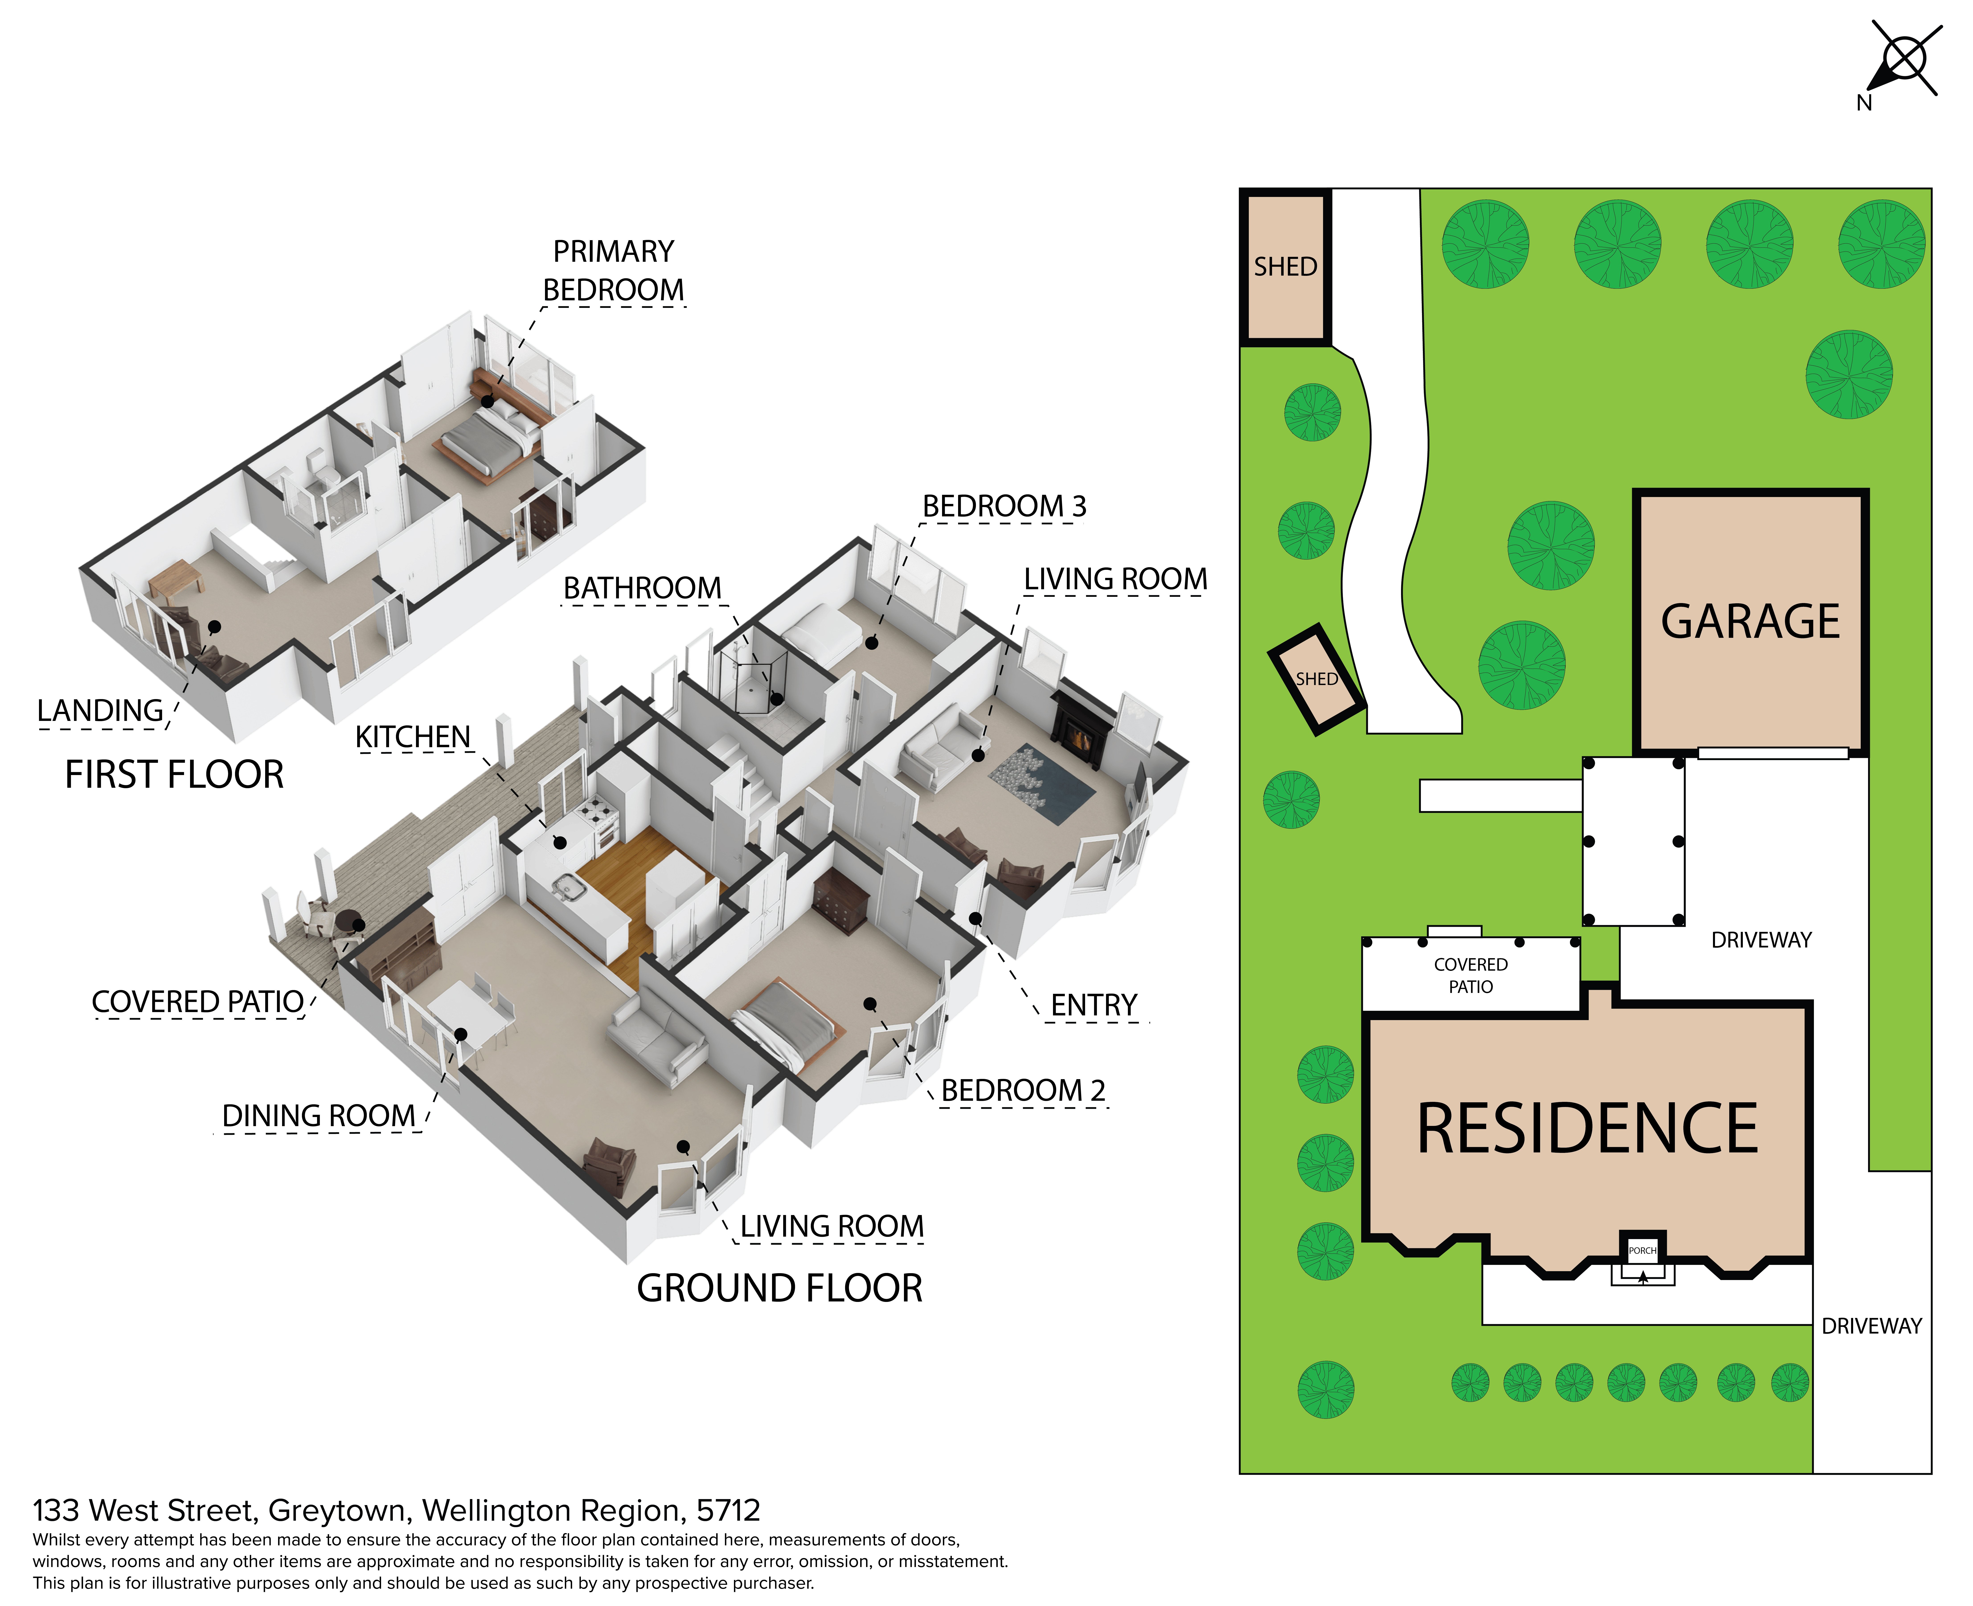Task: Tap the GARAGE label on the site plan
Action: pyautogui.click(x=1750, y=621)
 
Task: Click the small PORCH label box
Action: pyautogui.click(x=1643, y=1250)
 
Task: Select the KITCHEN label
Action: pyautogui.click(x=413, y=737)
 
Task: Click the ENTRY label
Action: pyautogui.click(x=1094, y=1006)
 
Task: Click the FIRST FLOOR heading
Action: pyautogui.click(x=174, y=774)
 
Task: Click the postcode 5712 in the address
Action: pyautogui.click(x=728, y=1511)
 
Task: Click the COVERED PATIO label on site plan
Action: pyautogui.click(x=1471, y=975)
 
